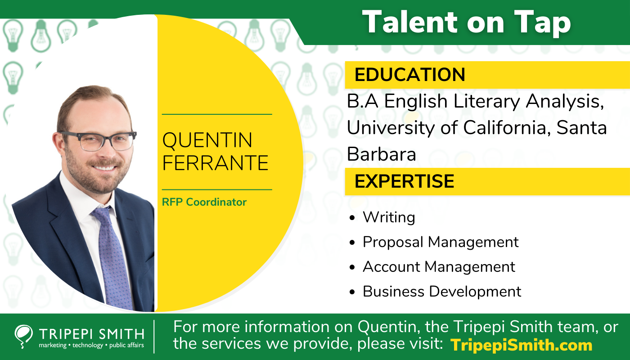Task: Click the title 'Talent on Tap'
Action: pos(467,22)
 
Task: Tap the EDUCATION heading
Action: pos(410,75)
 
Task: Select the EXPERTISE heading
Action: pos(405,181)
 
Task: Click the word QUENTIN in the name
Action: pos(207,140)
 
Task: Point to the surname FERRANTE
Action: pos(215,162)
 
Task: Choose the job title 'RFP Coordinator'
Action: pos(204,202)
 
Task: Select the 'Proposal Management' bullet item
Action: pos(441,242)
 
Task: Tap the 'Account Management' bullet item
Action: pos(439,267)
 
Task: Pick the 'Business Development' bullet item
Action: pos(442,292)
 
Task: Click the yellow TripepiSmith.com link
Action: pos(521,345)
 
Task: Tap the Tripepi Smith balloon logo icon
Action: pos(23,337)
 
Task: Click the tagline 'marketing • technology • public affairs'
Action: pos(91,345)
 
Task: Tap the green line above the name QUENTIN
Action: pos(217,114)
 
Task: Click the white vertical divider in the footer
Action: pos(154,337)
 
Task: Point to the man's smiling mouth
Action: pos(104,168)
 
